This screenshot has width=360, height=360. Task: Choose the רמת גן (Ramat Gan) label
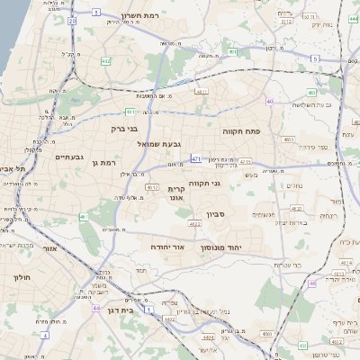[107, 162]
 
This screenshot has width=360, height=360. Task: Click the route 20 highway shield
[95, 14]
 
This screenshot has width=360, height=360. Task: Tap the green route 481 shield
[131, 112]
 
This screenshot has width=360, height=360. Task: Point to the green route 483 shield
[310, 92]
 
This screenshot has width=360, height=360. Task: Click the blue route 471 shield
[195, 159]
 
